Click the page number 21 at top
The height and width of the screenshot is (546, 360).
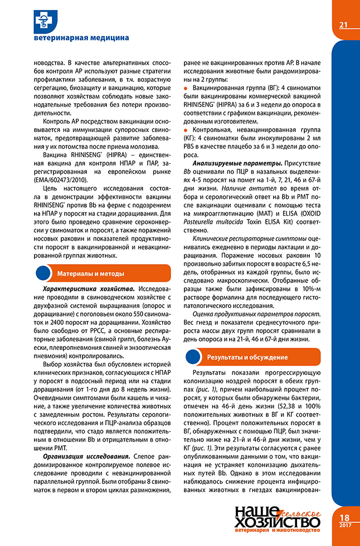pos(343,25)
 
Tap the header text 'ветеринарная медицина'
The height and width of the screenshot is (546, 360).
pos(81,38)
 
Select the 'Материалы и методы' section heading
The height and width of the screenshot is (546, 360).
pos(91,273)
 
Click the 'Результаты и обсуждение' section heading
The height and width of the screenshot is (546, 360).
pos(247,356)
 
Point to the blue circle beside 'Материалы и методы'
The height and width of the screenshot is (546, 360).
pos(43,273)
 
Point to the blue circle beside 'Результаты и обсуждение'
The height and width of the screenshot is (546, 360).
pos(193,356)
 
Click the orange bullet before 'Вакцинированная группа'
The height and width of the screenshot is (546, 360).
pos(187,89)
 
